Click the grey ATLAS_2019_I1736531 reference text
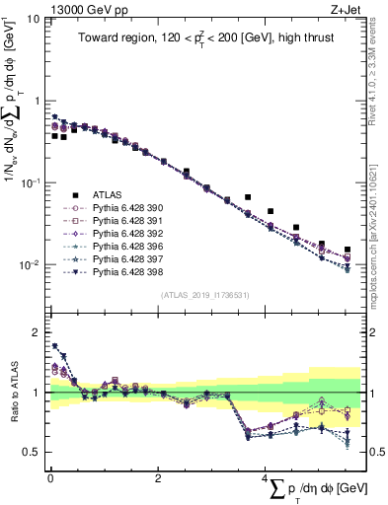pos(205,295)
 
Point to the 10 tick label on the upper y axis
pos(34,19)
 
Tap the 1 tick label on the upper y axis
pos(38,101)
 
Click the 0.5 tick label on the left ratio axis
pos(32,453)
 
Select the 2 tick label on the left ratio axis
pos(38,331)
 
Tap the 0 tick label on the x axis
pos(50,479)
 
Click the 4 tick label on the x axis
pos(264,479)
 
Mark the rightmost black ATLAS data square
pos(348,251)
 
